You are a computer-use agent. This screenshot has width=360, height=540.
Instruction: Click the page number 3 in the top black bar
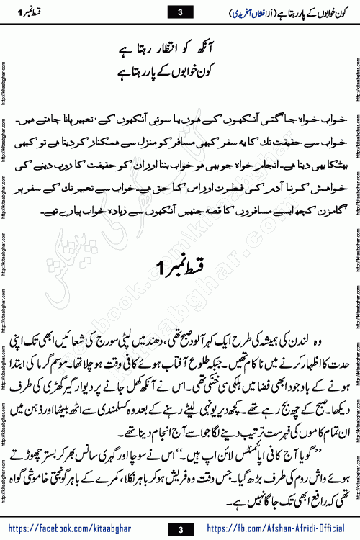tap(180, 11)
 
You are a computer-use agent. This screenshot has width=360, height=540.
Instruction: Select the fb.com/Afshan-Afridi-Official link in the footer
tap(285, 530)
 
